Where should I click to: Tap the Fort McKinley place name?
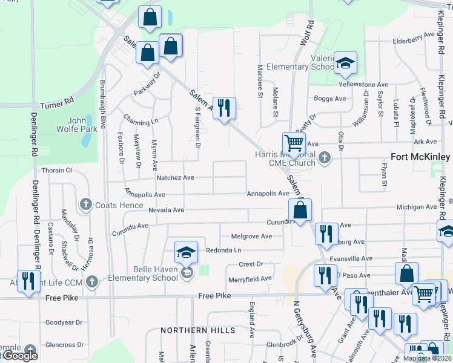[420, 156]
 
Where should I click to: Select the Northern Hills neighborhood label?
[197, 330]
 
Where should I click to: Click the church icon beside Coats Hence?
[85, 204]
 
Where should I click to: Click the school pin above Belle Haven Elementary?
[186, 252]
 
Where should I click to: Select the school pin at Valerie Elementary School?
[345, 63]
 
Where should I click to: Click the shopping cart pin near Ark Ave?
[294, 144]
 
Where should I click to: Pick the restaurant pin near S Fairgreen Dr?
[224, 108]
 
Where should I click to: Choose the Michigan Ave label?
[416, 207]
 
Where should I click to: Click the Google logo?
[19, 356]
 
